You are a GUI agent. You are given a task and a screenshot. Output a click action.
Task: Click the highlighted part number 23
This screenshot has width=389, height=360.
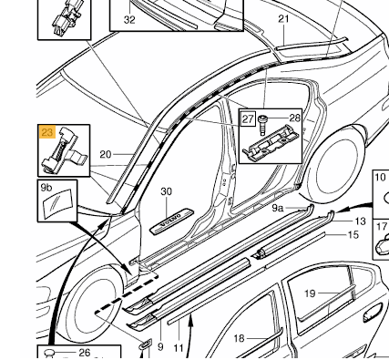(x=47, y=132)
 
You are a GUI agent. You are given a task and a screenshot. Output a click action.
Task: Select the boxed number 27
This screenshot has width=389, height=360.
(x=248, y=118)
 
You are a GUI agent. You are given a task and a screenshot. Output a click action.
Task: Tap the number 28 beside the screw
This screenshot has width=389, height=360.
(x=294, y=118)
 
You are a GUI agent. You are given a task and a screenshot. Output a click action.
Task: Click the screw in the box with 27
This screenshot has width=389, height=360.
(x=262, y=125)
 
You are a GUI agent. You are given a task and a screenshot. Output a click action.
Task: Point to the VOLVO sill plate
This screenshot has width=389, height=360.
(x=171, y=221)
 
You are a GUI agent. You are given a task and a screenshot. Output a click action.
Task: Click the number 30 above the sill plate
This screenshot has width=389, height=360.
(x=166, y=191)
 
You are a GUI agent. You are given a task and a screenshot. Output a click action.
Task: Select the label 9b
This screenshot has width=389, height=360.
(x=46, y=188)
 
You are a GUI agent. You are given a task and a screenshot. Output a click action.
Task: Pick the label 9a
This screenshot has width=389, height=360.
(x=277, y=208)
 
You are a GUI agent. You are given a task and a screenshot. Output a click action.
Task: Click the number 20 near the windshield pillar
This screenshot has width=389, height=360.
(x=106, y=155)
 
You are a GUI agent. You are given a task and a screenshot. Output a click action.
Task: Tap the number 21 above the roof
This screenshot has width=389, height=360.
(x=283, y=19)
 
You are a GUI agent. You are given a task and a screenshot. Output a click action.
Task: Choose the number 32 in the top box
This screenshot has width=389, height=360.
(x=129, y=20)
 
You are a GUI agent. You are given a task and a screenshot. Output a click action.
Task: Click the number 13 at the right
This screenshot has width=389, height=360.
(x=360, y=221)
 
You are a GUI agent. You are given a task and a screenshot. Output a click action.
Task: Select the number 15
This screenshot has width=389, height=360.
(x=353, y=234)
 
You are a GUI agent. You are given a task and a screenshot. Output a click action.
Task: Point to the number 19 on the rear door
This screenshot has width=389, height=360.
(x=310, y=293)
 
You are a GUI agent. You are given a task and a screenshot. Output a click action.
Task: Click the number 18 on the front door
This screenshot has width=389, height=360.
(x=240, y=338)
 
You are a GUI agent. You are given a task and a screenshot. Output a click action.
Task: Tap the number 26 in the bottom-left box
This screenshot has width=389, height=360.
(x=85, y=353)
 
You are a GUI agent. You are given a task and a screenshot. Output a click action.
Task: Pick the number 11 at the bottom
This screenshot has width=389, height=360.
(x=179, y=347)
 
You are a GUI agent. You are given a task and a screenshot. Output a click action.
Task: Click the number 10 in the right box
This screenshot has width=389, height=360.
(x=380, y=177)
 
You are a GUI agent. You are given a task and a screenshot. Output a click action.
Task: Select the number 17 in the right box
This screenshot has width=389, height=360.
(x=382, y=226)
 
